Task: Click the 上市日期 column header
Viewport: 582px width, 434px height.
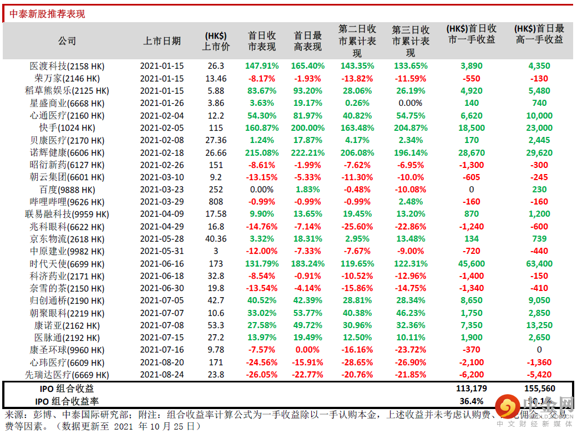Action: (161, 41)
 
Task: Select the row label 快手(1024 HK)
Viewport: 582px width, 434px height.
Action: (67, 127)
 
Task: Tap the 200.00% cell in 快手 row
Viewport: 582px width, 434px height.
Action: (307, 127)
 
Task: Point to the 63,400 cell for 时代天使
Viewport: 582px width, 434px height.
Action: (539, 264)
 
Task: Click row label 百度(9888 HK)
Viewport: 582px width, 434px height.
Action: (67, 190)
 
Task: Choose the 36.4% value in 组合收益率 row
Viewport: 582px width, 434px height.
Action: (471, 401)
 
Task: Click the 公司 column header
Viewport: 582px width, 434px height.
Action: (67, 41)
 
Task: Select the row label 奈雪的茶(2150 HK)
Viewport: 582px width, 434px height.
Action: (67, 288)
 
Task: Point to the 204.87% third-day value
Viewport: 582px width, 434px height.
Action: (411, 127)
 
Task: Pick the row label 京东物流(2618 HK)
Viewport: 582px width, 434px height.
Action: (67, 239)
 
